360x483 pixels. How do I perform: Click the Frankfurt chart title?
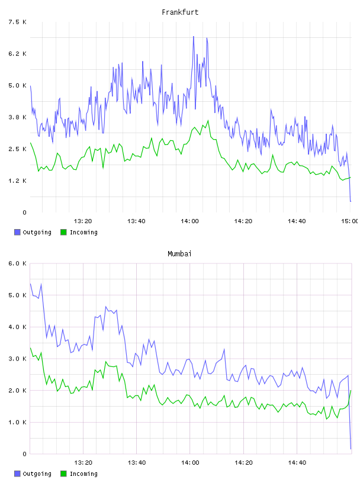[x=180, y=12]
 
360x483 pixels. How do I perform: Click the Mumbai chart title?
[x=179, y=254]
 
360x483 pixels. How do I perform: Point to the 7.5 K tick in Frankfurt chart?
[x=17, y=22]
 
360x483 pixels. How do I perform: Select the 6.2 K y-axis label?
[x=17, y=54]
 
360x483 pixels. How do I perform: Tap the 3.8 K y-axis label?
[x=17, y=117]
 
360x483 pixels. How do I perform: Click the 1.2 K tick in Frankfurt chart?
[x=17, y=181]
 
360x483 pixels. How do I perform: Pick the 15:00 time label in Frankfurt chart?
[x=350, y=221]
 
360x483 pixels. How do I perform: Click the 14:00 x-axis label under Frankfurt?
[x=189, y=221]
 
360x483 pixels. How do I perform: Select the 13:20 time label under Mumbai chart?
[x=83, y=462]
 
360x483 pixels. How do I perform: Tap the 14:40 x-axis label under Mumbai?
[x=297, y=462]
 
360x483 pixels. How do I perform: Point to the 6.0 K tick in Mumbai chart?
[x=17, y=263]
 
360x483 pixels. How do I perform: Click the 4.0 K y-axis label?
[x=17, y=327]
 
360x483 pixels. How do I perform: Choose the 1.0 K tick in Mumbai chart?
[x=17, y=422]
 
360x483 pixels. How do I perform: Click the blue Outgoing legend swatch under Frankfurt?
[x=17, y=232]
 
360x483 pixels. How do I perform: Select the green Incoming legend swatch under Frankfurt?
[x=63, y=232]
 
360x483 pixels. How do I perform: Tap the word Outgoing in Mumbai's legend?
[x=37, y=474]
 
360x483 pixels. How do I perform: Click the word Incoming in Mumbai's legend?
[x=83, y=474]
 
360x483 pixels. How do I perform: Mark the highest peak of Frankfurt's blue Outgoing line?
[x=194, y=36]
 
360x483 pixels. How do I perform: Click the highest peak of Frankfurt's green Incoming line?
[x=208, y=121]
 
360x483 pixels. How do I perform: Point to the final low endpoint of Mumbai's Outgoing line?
[x=351, y=449]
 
